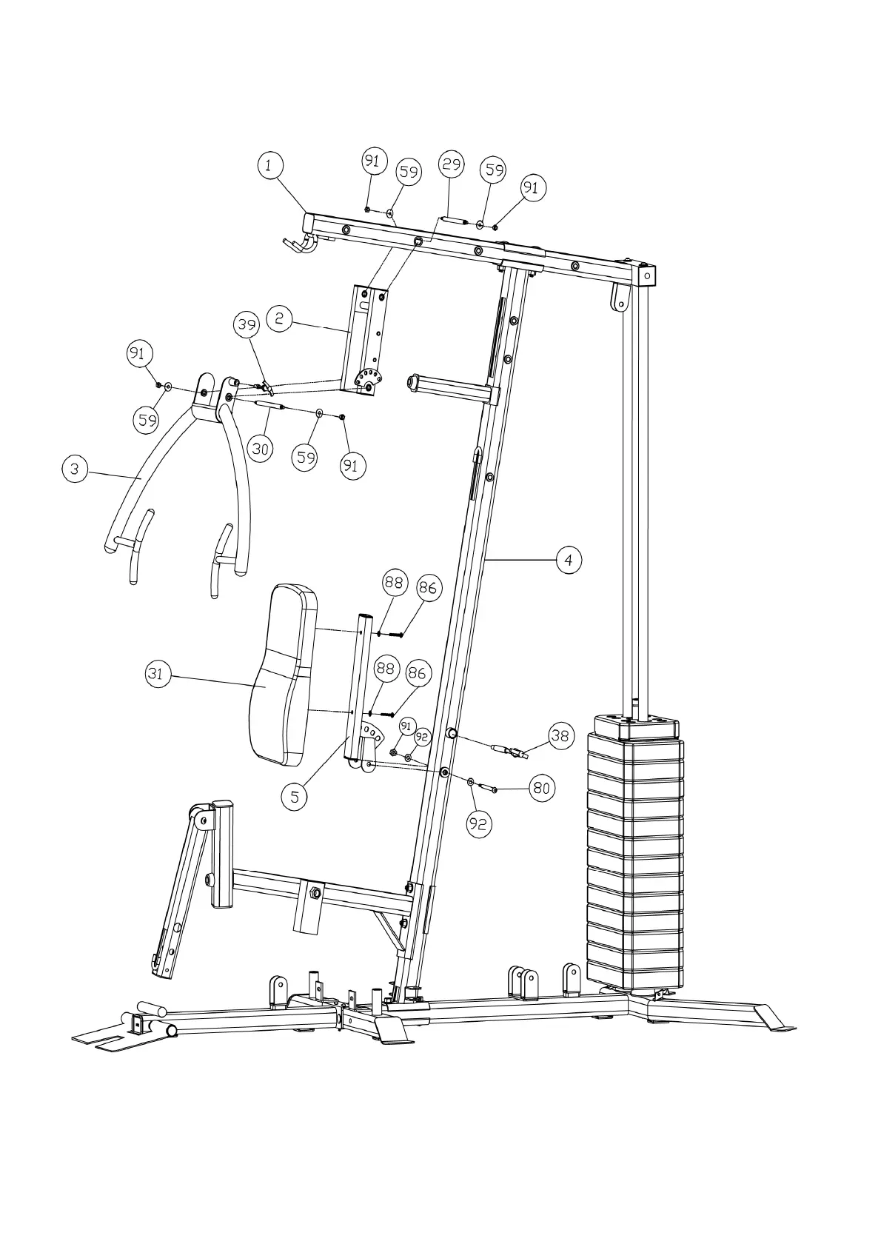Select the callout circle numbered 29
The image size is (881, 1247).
[452, 164]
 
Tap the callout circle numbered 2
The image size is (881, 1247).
[279, 319]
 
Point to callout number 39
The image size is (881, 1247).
[247, 324]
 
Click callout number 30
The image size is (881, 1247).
[260, 448]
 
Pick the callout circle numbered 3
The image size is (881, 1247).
[74, 469]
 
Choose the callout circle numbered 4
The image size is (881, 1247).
[569, 560]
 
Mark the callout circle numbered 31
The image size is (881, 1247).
[158, 674]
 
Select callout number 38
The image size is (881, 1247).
[560, 735]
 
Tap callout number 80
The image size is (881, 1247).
[542, 789]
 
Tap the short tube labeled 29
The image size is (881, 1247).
[453, 220]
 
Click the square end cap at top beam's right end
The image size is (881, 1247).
[648, 275]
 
